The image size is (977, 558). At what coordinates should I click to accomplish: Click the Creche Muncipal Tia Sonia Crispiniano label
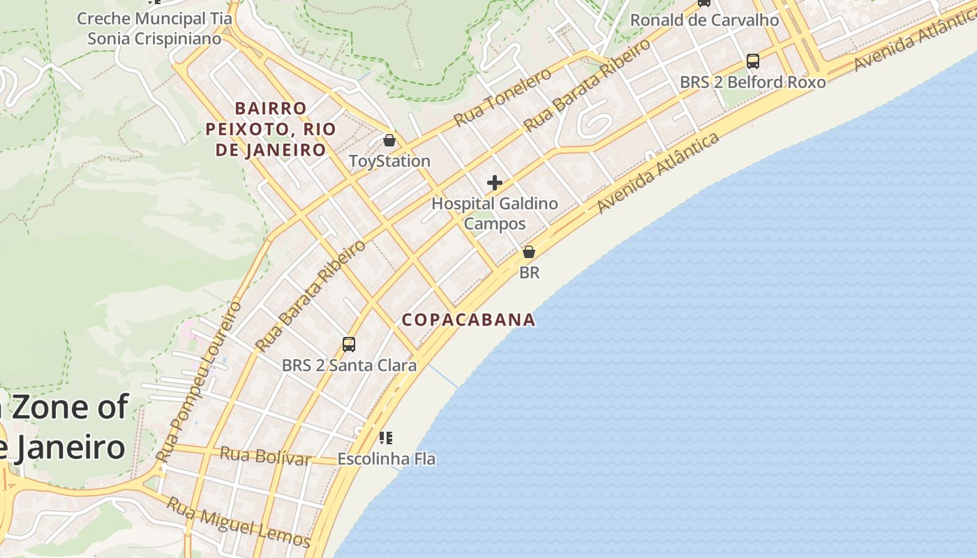click(154, 29)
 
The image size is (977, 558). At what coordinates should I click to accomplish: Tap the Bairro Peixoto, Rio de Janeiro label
click(271, 129)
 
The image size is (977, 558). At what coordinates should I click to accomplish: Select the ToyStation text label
click(389, 161)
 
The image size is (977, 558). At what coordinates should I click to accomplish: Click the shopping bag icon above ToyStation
click(389, 141)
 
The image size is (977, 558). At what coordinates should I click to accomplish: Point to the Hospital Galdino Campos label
click(495, 213)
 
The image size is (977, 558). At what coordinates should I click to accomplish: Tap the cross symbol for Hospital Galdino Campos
click(495, 183)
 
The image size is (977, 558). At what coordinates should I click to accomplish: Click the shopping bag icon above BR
click(529, 252)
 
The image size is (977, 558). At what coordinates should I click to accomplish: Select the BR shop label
click(529, 273)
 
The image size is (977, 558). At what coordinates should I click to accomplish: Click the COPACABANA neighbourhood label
click(468, 320)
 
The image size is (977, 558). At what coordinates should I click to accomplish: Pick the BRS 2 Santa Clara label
click(349, 365)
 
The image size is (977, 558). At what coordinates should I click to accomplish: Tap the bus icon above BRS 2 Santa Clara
click(349, 344)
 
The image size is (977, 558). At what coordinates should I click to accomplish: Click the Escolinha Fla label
click(386, 459)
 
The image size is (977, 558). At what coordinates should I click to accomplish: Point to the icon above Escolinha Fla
click(386, 438)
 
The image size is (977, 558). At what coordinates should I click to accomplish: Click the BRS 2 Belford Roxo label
click(752, 82)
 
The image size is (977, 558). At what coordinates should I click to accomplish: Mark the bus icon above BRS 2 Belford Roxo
click(752, 61)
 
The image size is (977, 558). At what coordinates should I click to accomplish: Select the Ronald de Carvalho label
click(704, 20)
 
